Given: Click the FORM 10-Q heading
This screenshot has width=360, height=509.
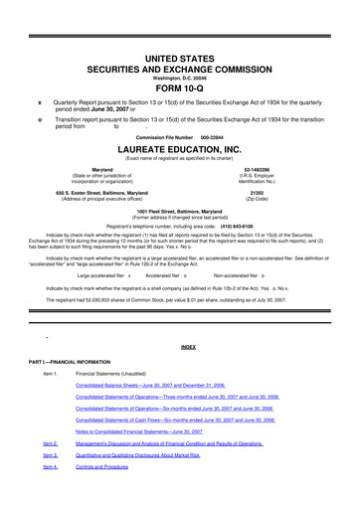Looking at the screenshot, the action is [x=180, y=82].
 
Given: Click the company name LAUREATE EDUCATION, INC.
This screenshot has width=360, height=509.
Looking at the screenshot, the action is [x=180, y=149].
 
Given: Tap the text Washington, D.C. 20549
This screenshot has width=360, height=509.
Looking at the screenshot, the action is [x=180, y=68].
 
